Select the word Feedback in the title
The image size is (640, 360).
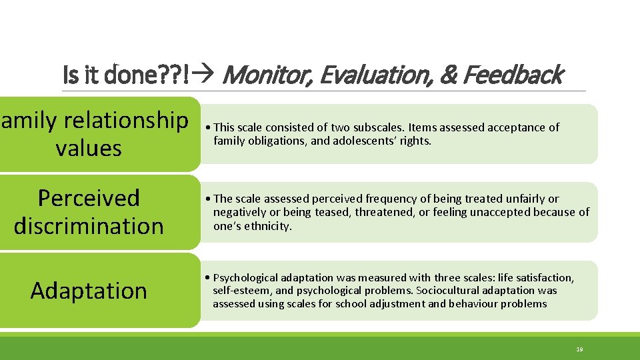point(513,75)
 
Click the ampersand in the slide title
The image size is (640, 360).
point(447,75)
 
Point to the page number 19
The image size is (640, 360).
point(579,349)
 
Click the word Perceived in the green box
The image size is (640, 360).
point(89,198)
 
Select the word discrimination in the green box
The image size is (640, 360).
point(89,226)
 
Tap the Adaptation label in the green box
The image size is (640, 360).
point(89,291)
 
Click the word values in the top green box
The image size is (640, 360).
point(89,147)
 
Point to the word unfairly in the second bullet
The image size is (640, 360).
point(524,199)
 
